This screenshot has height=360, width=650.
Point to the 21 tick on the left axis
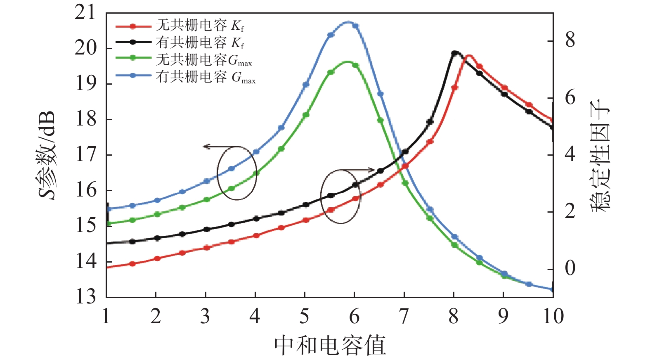(x=85, y=13)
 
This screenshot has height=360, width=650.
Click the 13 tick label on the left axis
(x=85, y=296)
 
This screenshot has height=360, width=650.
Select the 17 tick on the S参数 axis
(x=85, y=155)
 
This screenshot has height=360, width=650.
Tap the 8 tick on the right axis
(x=570, y=41)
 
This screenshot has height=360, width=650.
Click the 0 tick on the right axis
(x=570, y=269)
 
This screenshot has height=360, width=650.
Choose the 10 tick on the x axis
(x=553, y=317)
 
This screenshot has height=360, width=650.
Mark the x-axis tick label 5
(x=305, y=317)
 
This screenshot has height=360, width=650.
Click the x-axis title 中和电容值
(x=330, y=345)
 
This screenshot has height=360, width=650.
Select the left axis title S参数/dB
(x=47, y=155)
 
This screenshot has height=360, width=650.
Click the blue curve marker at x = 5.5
(x=331, y=35)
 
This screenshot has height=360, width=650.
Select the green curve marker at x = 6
(x=355, y=65)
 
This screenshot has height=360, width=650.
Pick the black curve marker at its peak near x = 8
(x=455, y=53)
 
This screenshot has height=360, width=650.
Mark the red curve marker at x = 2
(x=157, y=258)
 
